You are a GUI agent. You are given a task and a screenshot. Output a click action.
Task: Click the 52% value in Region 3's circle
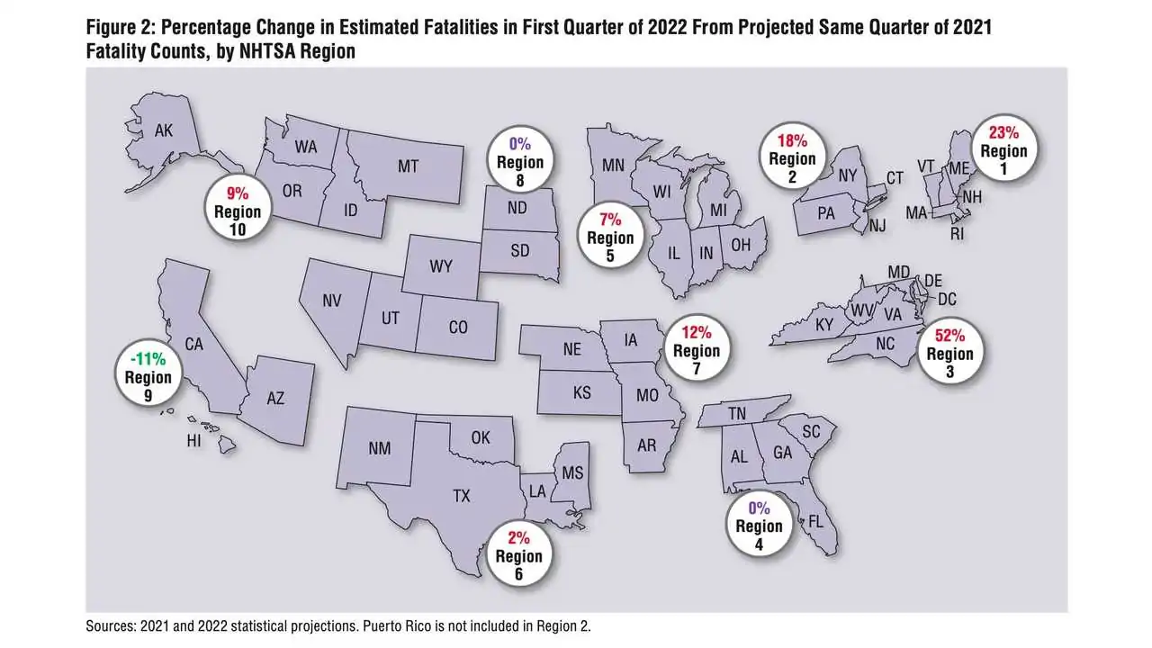[949, 336]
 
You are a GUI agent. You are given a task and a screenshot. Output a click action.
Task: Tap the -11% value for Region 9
[148, 358]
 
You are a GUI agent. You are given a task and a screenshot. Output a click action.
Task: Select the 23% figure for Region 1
[1003, 132]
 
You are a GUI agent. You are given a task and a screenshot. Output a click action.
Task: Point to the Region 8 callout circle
[520, 160]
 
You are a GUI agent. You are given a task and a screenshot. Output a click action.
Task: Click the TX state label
[462, 496]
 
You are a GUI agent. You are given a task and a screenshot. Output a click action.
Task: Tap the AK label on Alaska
[164, 130]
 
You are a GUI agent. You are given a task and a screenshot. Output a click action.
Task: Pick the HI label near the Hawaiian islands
[193, 441]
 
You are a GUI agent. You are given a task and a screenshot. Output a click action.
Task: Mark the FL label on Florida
[815, 522]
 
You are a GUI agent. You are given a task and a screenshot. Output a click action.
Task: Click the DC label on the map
[947, 299]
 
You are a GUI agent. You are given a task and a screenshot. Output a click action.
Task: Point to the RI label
[957, 234]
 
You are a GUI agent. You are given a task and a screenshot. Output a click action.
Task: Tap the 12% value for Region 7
[697, 333]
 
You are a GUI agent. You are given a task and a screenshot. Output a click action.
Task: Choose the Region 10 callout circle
[238, 211]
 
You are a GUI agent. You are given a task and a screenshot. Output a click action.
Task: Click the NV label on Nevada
[332, 301]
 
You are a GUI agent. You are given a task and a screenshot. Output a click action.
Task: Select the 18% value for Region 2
[792, 140]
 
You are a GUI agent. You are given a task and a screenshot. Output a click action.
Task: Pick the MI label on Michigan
[718, 210]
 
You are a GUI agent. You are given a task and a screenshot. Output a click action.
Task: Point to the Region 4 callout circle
[759, 525]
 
